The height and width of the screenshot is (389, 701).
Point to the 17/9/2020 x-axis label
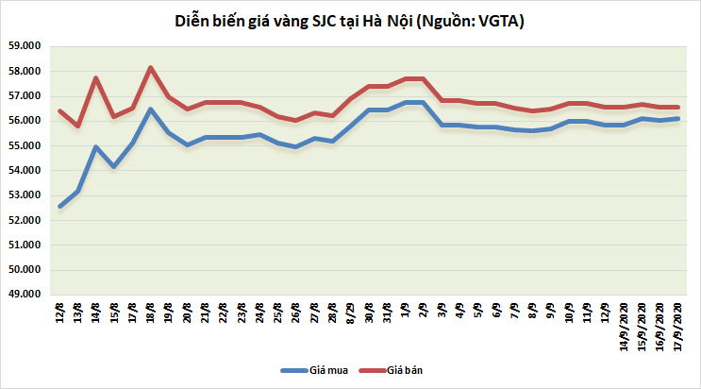pos(676,326)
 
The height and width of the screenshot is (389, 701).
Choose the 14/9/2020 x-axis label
pos(624,326)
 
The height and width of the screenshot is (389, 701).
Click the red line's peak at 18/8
pos(150,68)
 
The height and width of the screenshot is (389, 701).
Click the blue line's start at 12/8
pos(60,206)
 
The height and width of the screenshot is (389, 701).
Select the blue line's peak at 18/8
pos(150,110)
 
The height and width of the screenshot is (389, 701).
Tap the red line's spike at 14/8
pos(96,78)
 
